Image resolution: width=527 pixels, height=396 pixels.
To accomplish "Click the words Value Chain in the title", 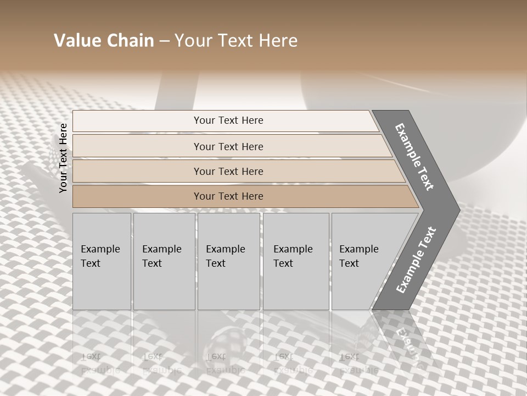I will [104, 41].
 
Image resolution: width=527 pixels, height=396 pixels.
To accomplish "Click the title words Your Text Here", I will [236, 41].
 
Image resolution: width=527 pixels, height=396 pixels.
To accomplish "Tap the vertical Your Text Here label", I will [63, 158].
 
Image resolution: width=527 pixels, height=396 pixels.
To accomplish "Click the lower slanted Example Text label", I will [416, 260].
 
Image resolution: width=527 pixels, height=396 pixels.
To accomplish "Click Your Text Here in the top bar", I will [228, 120].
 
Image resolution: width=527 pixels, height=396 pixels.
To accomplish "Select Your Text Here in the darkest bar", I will [228, 196].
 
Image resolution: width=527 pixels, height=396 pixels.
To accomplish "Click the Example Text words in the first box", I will [100, 256].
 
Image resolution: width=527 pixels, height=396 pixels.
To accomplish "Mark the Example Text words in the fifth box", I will [358, 256].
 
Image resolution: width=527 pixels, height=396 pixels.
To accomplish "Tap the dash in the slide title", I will [164, 41].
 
